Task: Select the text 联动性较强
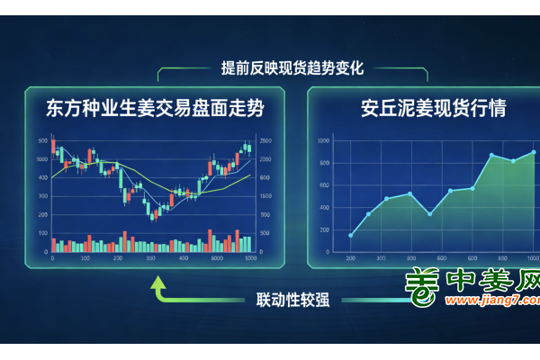(292, 300)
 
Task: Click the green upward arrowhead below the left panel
(158, 284)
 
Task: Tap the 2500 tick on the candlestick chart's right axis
(265, 141)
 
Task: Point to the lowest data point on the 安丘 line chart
(350, 236)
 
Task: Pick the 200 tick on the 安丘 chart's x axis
(350, 258)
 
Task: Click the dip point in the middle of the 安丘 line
(430, 214)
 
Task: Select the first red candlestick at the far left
(54, 148)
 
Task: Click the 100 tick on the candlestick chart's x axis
(85, 258)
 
